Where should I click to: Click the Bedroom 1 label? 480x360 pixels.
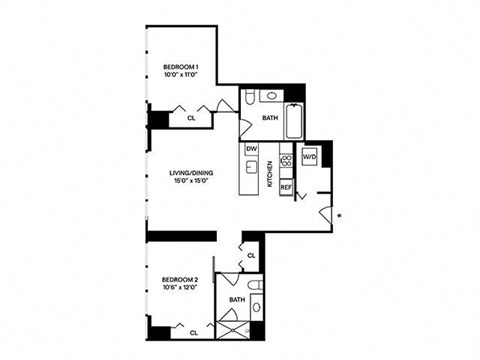(183, 71)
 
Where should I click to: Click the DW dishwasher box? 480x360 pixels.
(252, 149)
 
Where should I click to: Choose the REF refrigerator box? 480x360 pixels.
(285, 187)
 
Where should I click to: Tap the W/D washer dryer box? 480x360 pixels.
(309, 157)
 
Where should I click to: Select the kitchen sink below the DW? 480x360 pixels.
(250, 168)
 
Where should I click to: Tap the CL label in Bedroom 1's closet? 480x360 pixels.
(191, 117)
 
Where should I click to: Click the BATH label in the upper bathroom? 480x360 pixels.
(270, 118)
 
